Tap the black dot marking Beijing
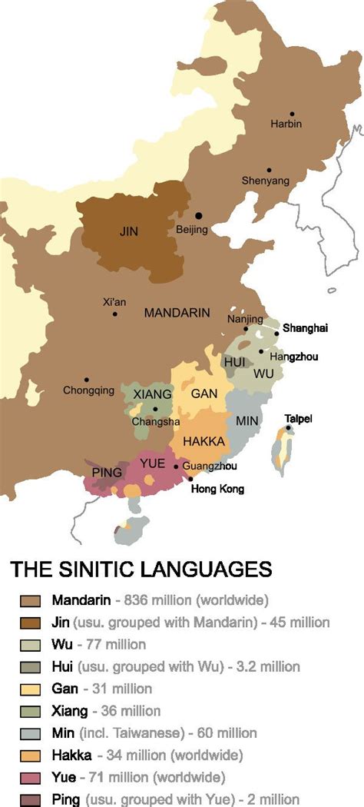click(198, 216)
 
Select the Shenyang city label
click(266, 181)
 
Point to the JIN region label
click(129, 231)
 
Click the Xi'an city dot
click(114, 314)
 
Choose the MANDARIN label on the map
click(177, 313)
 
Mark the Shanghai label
click(305, 328)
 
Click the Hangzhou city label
click(299, 357)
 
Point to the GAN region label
click(204, 394)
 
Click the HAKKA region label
click(204, 441)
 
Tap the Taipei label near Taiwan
click(299, 419)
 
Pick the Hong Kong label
click(217, 489)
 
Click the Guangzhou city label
click(210, 467)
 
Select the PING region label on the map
click(107, 473)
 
